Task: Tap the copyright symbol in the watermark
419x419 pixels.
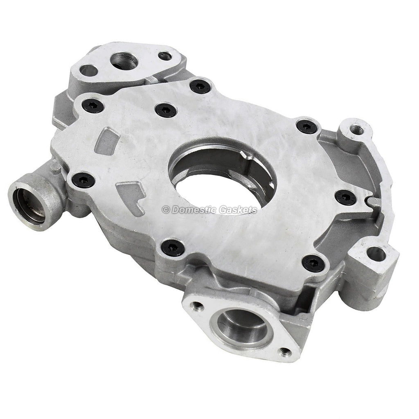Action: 166,209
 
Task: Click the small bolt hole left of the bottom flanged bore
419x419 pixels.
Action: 198,305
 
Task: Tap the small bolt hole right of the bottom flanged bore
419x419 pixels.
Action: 285,352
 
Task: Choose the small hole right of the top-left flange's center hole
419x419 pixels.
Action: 165,56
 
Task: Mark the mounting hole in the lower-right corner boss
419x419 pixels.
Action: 376,255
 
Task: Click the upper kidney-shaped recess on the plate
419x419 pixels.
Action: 107,140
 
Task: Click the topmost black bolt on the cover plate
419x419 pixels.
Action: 200,86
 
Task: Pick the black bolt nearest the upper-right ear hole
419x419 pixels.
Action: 306,126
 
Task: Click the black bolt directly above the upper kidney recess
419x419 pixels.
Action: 93,106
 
